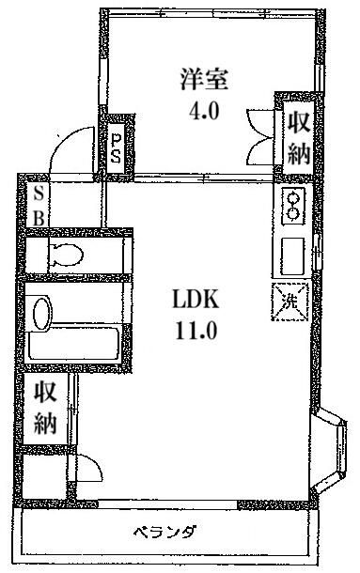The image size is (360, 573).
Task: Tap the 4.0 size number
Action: click(203, 112)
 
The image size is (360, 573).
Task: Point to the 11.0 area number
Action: click(196, 330)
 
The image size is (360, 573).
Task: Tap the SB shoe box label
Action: click(38, 204)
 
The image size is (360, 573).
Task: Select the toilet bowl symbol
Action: click(65, 254)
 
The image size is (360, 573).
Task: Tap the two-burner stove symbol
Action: click(292, 206)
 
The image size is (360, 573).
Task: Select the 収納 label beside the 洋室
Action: click(298, 138)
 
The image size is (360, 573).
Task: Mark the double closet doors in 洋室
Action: click(258, 136)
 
